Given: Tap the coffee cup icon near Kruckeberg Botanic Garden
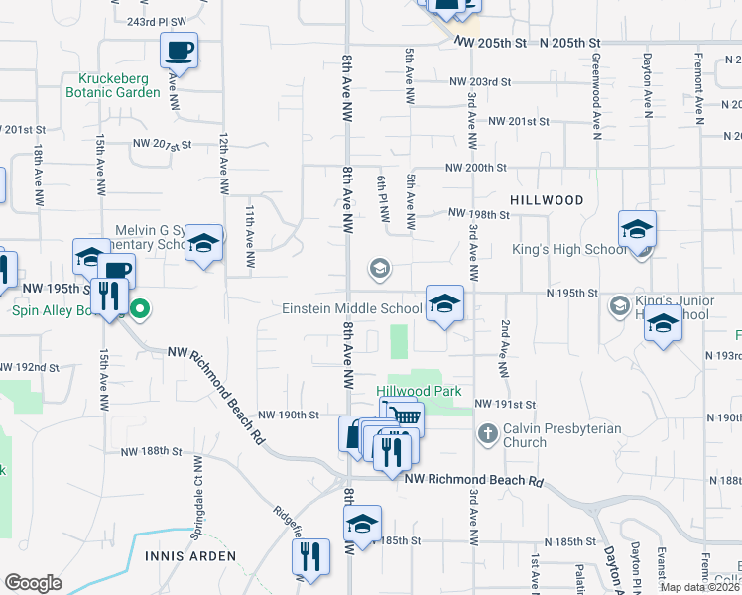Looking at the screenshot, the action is pyautogui.click(x=179, y=50).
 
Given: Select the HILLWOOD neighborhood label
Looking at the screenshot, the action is pyautogui.click(x=547, y=200).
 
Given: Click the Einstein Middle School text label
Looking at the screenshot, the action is pyautogui.click(x=353, y=308).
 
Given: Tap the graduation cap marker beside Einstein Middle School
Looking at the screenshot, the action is pyautogui.click(x=444, y=303).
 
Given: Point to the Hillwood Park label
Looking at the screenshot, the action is pyautogui.click(x=420, y=391).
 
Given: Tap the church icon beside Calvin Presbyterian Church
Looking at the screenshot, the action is pyautogui.click(x=487, y=433).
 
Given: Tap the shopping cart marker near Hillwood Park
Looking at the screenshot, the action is pyautogui.click(x=404, y=418).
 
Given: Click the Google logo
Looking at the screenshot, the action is pyautogui.click(x=33, y=583).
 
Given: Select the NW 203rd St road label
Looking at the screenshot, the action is pyautogui.click(x=479, y=82).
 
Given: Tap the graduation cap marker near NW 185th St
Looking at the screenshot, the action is pyautogui.click(x=363, y=526).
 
